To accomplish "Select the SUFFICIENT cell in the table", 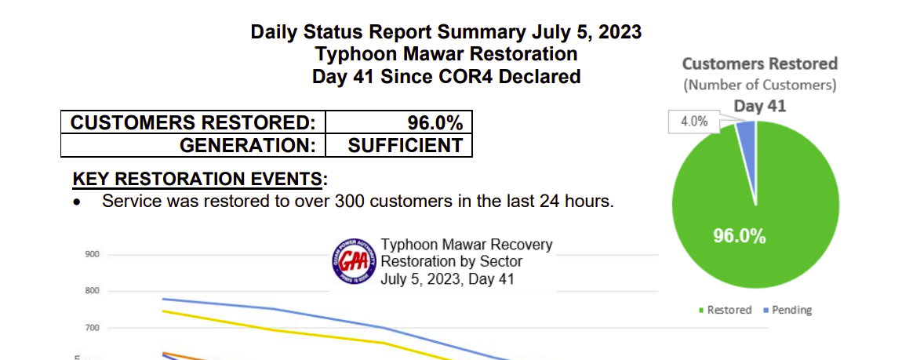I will click(405, 145).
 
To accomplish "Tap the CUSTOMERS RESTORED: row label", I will click(193, 123).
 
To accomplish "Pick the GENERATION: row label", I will click(248, 145).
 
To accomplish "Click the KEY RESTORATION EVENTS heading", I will click(197, 179).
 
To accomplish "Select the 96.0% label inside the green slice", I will click(739, 236).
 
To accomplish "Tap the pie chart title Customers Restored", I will click(759, 64).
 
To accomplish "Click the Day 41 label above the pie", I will click(759, 106).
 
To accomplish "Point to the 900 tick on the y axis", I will click(92, 255).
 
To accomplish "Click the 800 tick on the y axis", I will click(92, 291).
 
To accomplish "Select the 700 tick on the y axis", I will click(92, 327).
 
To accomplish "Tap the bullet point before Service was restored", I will click(77, 202).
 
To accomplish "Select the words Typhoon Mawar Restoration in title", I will click(446, 54).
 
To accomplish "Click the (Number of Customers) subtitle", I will click(759, 85).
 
